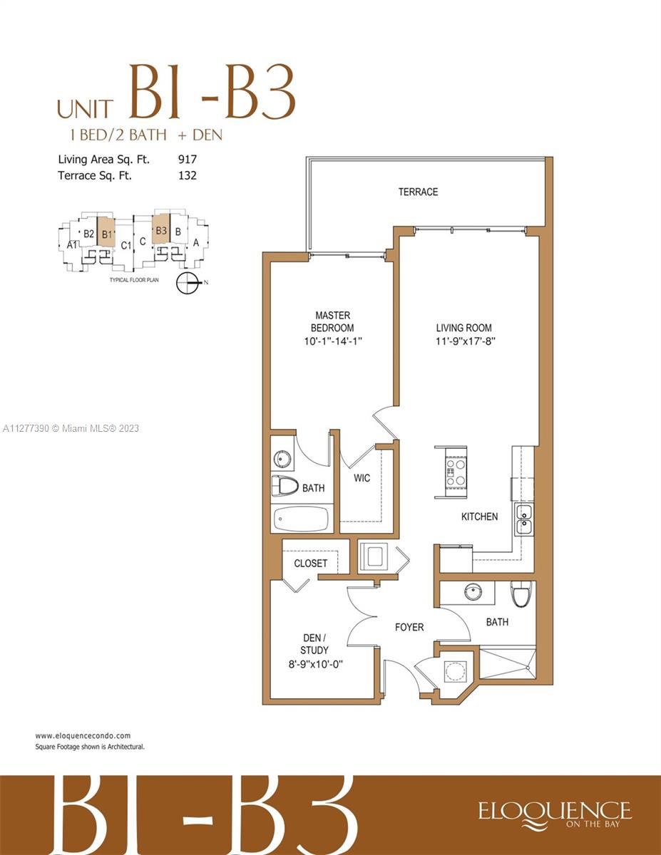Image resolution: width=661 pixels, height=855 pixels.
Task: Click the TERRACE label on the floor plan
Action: pyautogui.click(x=418, y=192)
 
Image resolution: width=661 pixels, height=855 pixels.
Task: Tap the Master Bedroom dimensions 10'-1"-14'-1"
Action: pyautogui.click(x=333, y=341)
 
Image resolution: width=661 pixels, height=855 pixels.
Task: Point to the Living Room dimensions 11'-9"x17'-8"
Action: pyautogui.click(x=465, y=341)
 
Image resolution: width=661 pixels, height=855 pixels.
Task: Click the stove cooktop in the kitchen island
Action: pyautogui.click(x=456, y=471)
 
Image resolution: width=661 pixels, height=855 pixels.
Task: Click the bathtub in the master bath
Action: pyautogui.click(x=301, y=519)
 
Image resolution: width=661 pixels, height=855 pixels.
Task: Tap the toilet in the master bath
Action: pyautogui.click(x=285, y=487)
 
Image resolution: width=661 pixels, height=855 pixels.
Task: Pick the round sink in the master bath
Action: pyautogui.click(x=282, y=459)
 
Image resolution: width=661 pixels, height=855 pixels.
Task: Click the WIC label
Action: pyautogui.click(x=362, y=478)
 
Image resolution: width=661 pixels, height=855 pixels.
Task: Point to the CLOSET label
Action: pyautogui.click(x=311, y=564)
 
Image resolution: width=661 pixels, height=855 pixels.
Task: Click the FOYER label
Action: pyautogui.click(x=409, y=627)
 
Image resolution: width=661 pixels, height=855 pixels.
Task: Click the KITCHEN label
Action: pyautogui.click(x=479, y=517)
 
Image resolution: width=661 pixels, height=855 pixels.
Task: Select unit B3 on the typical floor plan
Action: pyautogui.click(x=161, y=230)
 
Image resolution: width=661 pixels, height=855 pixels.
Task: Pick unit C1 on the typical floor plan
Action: pyautogui.click(x=125, y=246)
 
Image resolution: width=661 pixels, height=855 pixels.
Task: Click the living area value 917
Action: pyautogui.click(x=188, y=160)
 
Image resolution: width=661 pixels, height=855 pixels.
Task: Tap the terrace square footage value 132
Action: pyautogui.click(x=188, y=175)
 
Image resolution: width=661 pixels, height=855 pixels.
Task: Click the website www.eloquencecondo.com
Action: pyautogui.click(x=83, y=735)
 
